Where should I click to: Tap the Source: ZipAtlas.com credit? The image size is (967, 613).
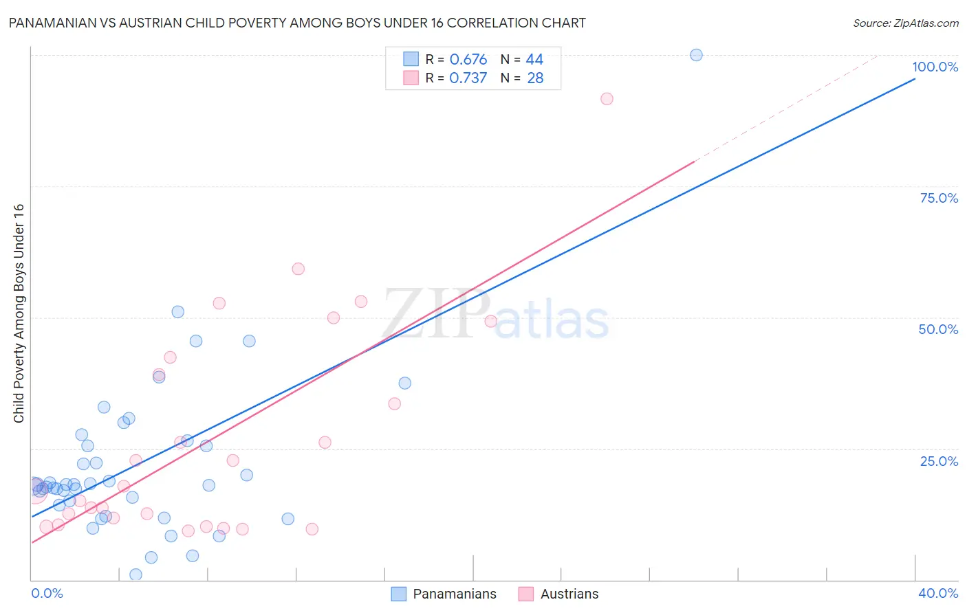click(905, 23)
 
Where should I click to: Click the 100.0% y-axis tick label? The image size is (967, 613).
click(935, 67)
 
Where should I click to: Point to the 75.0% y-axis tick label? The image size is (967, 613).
click(939, 198)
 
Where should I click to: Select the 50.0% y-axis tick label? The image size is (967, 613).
click(938, 329)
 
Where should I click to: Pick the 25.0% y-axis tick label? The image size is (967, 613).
click(939, 461)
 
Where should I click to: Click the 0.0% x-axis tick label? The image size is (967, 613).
click(47, 593)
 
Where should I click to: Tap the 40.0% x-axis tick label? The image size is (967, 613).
click(937, 593)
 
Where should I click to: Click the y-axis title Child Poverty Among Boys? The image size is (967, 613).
click(19, 313)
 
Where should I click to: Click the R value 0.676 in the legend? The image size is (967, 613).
click(468, 60)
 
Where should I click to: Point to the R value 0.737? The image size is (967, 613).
click(468, 78)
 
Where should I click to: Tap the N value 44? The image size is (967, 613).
click(534, 60)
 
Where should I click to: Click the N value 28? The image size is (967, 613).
click(535, 78)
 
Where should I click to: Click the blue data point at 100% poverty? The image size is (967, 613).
click(696, 55)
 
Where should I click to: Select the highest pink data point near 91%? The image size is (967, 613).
click(607, 99)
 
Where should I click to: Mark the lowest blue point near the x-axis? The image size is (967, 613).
click(135, 575)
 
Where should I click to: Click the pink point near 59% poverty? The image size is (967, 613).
click(298, 269)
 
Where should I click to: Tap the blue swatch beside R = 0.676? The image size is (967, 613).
click(411, 59)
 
